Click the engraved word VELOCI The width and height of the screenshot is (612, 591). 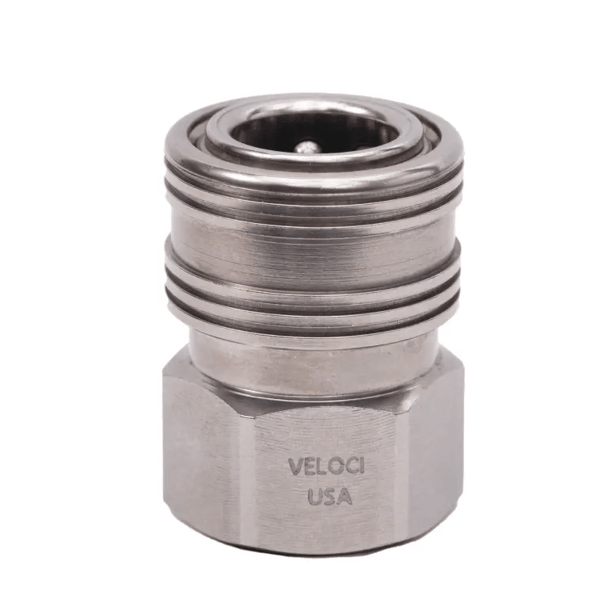pos(326,467)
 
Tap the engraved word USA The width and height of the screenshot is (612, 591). pos(330,496)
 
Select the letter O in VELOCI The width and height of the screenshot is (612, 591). pos(334,467)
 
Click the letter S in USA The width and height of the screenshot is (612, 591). pos(330,496)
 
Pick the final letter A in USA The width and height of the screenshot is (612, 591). pos(345,496)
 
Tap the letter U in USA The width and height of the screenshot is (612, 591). pos(315,496)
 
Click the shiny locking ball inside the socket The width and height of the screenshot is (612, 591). pos(308,147)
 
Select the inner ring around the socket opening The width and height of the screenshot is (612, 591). pos(314,156)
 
